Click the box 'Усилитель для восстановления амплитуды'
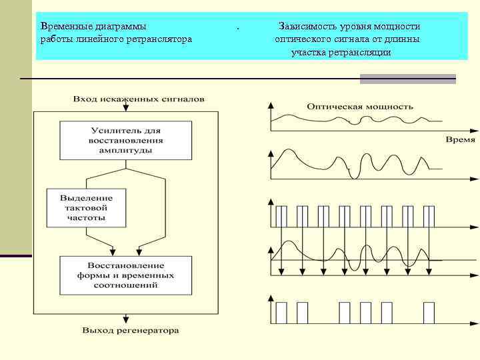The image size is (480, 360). pos(125,141)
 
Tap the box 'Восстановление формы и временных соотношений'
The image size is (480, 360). pos(125,275)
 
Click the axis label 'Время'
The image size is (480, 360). pos(460,140)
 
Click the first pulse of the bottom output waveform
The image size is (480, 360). pos(281,312)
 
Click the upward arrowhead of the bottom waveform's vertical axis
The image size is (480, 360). pos(270,299)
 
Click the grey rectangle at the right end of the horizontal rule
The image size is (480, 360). pos(407,79)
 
